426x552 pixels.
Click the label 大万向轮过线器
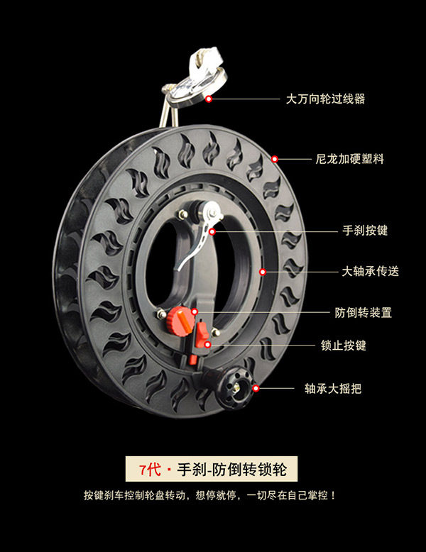325,99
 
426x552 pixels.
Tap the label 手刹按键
365,231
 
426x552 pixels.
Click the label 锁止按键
344,346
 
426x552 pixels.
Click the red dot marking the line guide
209,99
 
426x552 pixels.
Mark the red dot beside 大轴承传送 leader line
263,271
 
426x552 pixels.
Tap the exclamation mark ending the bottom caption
333,495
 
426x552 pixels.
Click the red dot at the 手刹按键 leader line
211,231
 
